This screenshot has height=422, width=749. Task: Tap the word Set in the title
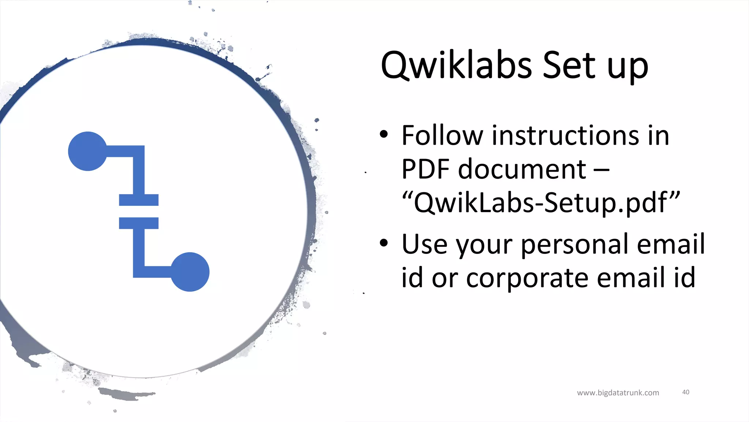point(569,66)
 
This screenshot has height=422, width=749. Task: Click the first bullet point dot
point(383,134)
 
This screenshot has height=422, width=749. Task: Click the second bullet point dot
point(383,243)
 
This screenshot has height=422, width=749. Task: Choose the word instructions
point(565,136)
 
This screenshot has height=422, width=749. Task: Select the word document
point(522,169)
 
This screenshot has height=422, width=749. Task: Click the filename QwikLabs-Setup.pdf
point(541,203)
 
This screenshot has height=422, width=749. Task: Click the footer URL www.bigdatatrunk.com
point(618,393)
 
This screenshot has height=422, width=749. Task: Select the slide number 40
point(686,392)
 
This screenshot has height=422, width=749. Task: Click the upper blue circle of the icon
point(88,151)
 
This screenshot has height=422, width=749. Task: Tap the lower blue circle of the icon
point(190,272)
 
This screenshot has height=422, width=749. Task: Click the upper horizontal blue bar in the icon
point(139,200)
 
